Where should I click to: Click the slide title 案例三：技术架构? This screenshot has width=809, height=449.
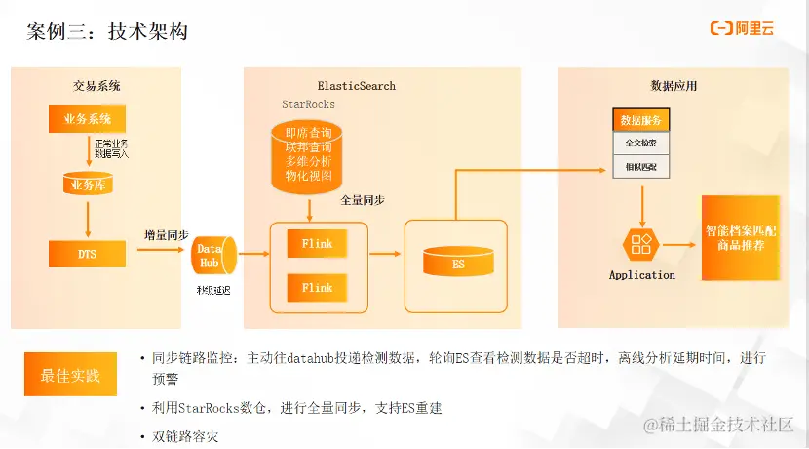pos(107,31)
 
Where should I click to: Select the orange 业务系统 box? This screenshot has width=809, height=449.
pos(88,119)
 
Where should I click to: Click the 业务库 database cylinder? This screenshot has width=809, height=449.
pos(88,184)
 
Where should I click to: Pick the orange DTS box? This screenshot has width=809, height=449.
pos(88,254)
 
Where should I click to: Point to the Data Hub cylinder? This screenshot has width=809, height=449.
pos(212,257)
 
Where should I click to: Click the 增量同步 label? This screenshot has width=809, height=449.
pos(166,235)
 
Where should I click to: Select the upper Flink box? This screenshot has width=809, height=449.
pos(317,243)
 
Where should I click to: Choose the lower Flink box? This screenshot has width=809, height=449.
pos(317,288)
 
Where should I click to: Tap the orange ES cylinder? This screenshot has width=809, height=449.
pos(457,262)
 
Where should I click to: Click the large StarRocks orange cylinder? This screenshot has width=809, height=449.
pos(308,156)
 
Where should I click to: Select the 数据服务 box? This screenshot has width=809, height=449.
pos(640,120)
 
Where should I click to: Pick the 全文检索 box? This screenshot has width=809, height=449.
pos(640,143)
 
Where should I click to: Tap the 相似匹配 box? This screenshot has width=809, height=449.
pos(640,167)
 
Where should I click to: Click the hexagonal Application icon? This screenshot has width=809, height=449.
pos(641,244)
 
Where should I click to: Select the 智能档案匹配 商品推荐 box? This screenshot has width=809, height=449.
pos(741,238)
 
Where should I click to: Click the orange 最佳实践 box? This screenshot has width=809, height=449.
pos(69,375)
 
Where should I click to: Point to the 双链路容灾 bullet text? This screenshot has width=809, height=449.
pos(185,436)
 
